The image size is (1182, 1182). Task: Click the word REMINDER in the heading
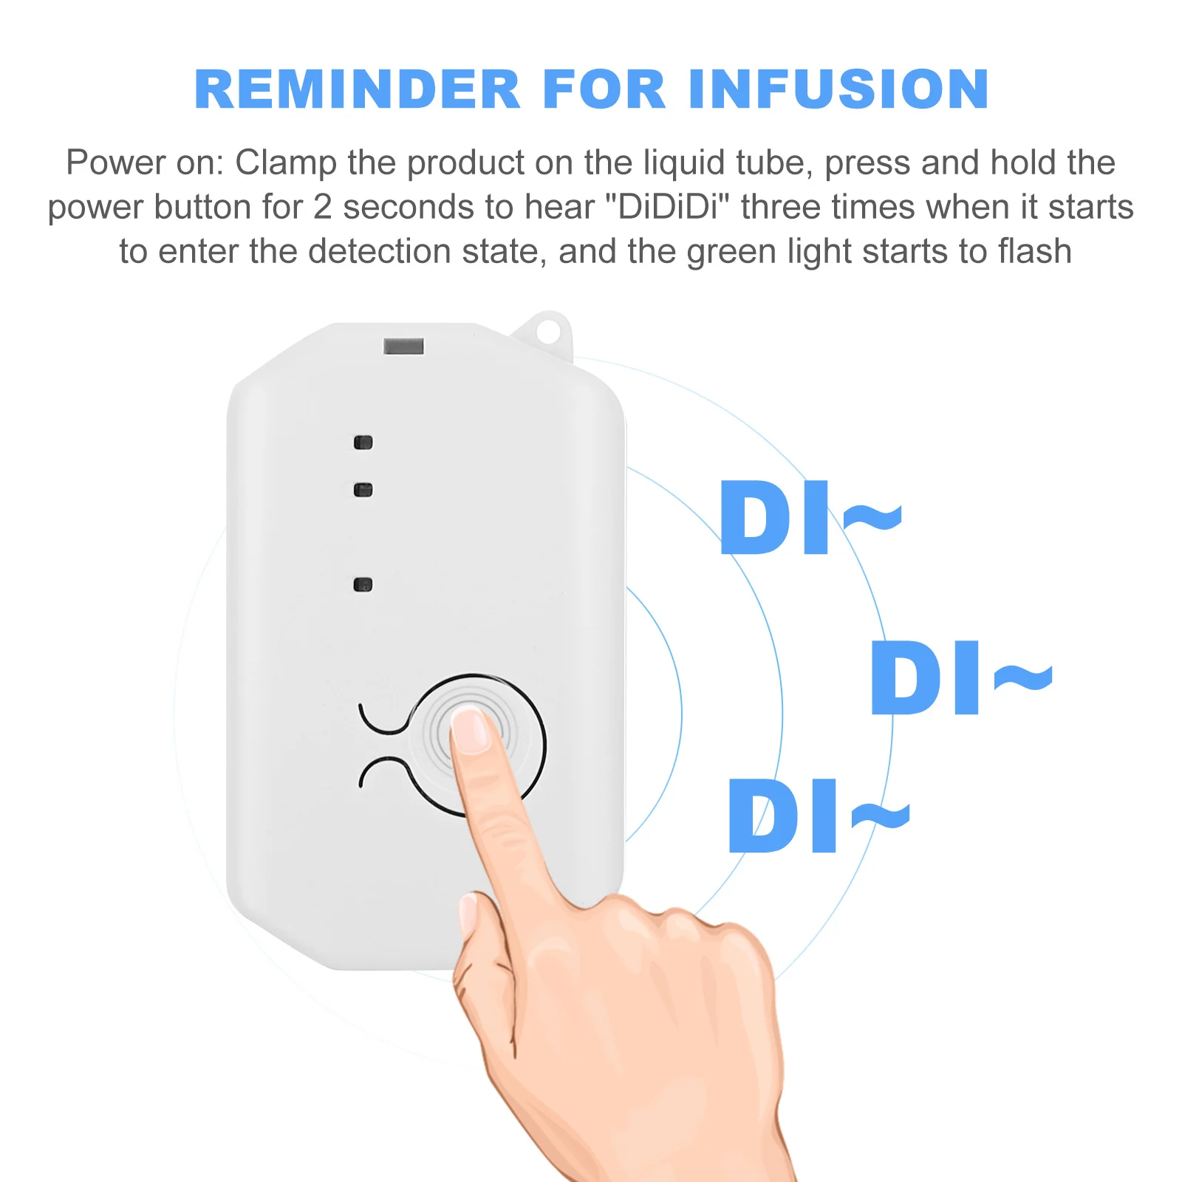(358, 89)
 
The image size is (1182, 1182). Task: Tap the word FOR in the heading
(604, 89)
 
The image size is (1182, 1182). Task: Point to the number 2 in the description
(322, 207)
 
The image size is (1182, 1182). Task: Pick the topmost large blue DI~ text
(810, 518)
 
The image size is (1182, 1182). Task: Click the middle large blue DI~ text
(960, 678)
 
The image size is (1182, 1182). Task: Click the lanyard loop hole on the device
(548, 329)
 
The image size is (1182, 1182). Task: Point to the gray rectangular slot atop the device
(403, 346)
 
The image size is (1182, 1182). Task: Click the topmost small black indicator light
(363, 443)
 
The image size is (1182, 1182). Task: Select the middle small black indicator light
(363, 490)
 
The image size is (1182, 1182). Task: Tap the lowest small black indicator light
(363, 585)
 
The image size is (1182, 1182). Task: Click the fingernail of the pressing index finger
(470, 730)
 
